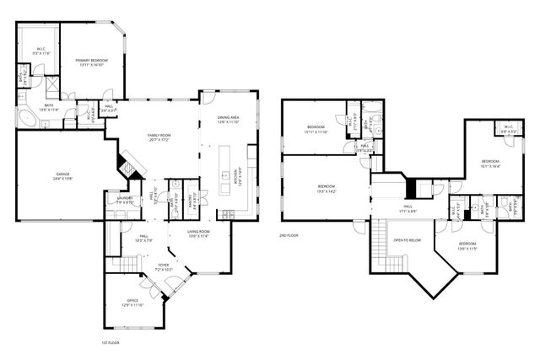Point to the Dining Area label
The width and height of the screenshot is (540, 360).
click(229, 120)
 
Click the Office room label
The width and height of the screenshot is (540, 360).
click(132, 302)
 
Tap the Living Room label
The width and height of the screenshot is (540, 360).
click(198, 234)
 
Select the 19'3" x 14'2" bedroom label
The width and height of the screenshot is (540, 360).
click(327, 188)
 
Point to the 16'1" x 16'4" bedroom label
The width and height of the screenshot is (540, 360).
click(490, 164)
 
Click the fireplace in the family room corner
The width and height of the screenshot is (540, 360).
click(127, 163)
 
